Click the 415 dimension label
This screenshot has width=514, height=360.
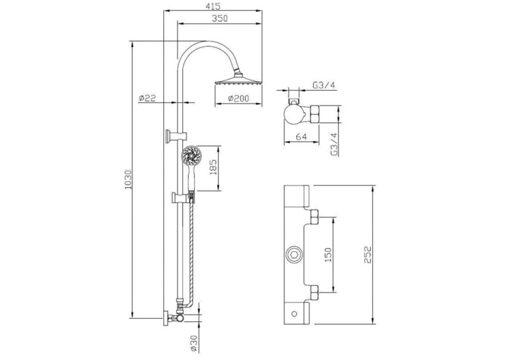pos(214,6)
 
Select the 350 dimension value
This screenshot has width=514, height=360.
pos(219,18)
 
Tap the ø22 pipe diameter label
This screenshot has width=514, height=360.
pos(147,98)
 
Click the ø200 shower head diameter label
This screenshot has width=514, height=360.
pos(238,98)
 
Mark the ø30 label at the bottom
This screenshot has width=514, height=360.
pos(194,343)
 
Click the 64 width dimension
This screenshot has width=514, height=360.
pos(301,137)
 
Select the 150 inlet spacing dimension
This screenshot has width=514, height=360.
pos(328,255)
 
